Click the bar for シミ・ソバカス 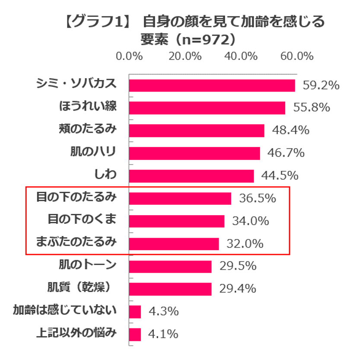click(212, 86)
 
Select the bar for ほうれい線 click(207, 108)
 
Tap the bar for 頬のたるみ click(197, 131)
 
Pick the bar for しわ click(191, 176)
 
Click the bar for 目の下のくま click(177, 221)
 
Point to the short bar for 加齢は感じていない click(135, 312)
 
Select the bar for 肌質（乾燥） click(170, 289)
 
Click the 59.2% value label click(321, 86)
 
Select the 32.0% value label click(245, 244)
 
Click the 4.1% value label click(163, 334)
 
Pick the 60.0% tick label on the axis click(296, 56)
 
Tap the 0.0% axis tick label click(130, 56)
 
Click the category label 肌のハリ click(93, 152)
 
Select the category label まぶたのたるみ click(76, 242)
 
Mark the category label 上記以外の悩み click(76, 333)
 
